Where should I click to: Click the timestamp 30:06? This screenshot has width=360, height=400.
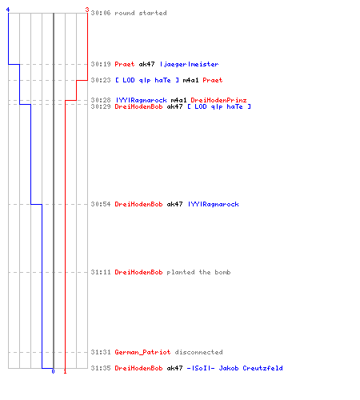click(101, 13)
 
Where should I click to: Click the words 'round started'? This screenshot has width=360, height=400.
click(141, 13)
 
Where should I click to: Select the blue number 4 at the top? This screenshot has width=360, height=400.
click(8, 10)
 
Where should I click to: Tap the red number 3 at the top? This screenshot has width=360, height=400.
click(87, 10)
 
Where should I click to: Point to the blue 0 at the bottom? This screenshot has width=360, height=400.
click(53, 371)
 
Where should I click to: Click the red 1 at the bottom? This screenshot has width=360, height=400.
click(65, 371)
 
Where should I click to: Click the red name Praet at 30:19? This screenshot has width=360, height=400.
click(125, 64)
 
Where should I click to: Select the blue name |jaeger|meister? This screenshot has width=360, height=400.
click(190, 64)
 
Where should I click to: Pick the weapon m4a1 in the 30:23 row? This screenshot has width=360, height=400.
click(190, 80)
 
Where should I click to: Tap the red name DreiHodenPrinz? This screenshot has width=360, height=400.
click(218, 100)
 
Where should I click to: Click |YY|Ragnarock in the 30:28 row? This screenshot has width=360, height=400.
click(142, 100)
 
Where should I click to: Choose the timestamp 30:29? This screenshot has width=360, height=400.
click(101, 106)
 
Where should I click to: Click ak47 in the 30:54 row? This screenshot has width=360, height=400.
click(174, 204)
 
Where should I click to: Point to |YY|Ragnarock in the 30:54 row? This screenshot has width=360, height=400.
click(214, 204)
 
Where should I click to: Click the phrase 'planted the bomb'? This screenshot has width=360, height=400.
click(198, 272)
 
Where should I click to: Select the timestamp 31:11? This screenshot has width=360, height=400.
click(101, 272)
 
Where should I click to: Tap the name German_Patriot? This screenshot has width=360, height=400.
click(142, 352)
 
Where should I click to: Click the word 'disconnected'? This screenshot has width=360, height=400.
click(198, 352)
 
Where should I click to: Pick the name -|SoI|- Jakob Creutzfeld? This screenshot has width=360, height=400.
click(234, 368)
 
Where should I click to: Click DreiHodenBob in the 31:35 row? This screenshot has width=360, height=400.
click(138, 368)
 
